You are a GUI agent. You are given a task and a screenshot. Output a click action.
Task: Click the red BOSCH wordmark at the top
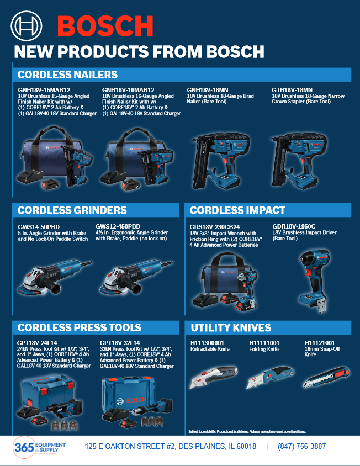[x=105, y=26]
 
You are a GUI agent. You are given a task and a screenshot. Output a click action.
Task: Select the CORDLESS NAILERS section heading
[x=67, y=75]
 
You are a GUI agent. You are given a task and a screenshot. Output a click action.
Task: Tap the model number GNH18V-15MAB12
[x=44, y=90]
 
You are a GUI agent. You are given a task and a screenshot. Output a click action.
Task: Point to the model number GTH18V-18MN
[x=292, y=90]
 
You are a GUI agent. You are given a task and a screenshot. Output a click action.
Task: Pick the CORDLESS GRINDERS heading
[x=72, y=210]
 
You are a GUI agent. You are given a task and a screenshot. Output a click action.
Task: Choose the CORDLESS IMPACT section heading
[x=237, y=210]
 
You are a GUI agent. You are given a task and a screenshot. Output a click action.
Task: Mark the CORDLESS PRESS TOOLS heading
[x=79, y=327]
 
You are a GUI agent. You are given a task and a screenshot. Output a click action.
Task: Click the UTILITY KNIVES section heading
[x=230, y=327]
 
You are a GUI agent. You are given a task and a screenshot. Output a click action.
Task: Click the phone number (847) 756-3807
[x=302, y=446]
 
